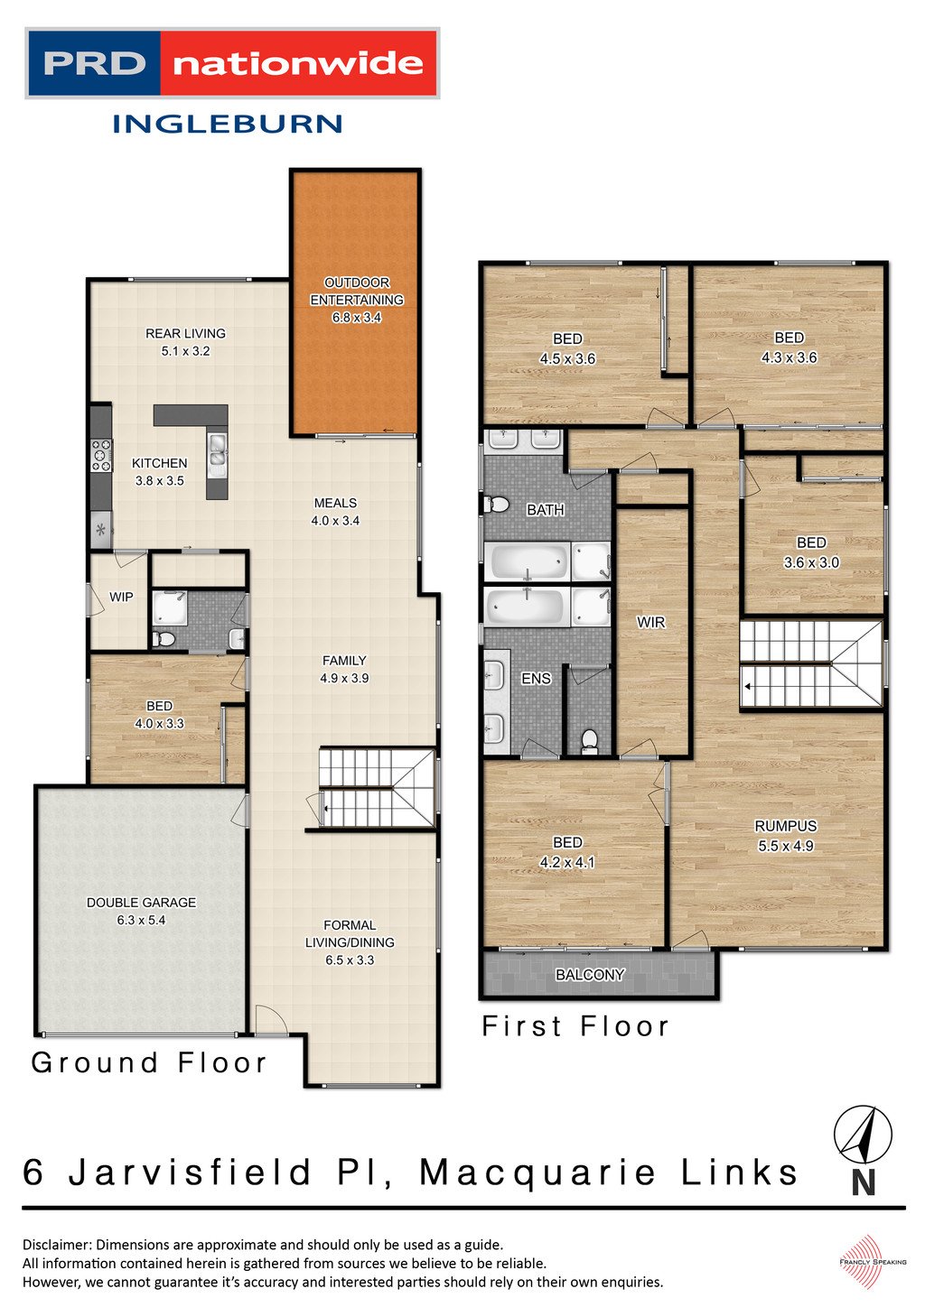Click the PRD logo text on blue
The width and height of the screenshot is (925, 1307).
pos(94,63)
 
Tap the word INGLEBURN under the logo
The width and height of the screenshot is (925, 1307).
pos(227,124)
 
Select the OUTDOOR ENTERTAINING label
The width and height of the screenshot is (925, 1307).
pos(356,291)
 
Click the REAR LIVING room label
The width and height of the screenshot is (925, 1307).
pos(185,333)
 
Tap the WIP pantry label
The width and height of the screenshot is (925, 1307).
pos(121,597)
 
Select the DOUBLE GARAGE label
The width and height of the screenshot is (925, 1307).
pos(141,902)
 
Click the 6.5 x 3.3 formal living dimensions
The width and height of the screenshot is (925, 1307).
pos(350,959)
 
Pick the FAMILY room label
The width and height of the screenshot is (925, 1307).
pos(344,660)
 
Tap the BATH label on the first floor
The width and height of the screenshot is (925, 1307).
pos(545,510)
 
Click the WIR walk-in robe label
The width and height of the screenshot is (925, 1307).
pos(650,622)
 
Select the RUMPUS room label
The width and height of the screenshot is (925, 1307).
pos(785,825)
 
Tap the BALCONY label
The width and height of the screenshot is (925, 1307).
pos(590,974)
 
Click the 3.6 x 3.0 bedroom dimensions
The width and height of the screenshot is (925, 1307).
pos(810,561)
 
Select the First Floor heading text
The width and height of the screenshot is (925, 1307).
pos(575,1025)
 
